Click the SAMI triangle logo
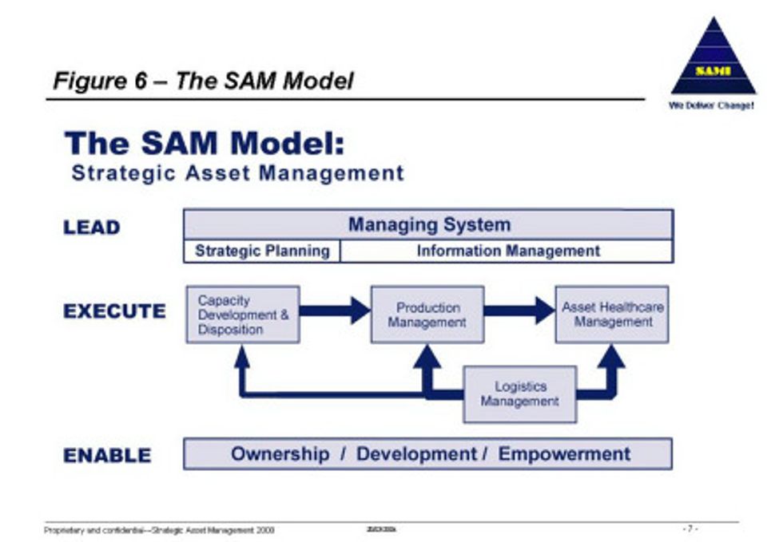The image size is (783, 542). pyautogui.click(x=713, y=60)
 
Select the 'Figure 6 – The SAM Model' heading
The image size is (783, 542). pyautogui.click(x=203, y=81)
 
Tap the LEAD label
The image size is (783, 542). pyautogui.click(x=92, y=227)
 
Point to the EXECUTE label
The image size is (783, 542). pyautogui.click(x=115, y=311)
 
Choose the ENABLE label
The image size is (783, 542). pyautogui.click(x=107, y=456)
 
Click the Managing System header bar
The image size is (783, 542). pyautogui.click(x=429, y=224)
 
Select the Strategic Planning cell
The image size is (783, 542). pyautogui.click(x=262, y=251)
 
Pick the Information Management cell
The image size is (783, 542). pyautogui.click(x=508, y=251)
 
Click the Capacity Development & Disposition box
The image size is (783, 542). pyautogui.click(x=243, y=315)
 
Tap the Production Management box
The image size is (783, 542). pyautogui.click(x=427, y=315)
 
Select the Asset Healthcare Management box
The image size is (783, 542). pyautogui.click(x=612, y=315)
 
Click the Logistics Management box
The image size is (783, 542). pyautogui.click(x=519, y=394)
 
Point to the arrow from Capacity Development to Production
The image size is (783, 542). pyautogui.click(x=336, y=311)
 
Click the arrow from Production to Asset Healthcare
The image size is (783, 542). pyautogui.click(x=519, y=311)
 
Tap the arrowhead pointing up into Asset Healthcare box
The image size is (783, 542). pyautogui.click(x=611, y=357)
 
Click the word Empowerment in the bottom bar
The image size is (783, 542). pyautogui.click(x=564, y=454)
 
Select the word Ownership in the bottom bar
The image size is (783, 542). pyautogui.click(x=280, y=454)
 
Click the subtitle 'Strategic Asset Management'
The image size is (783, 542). pyautogui.click(x=237, y=172)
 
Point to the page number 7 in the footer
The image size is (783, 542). pyautogui.click(x=690, y=528)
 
